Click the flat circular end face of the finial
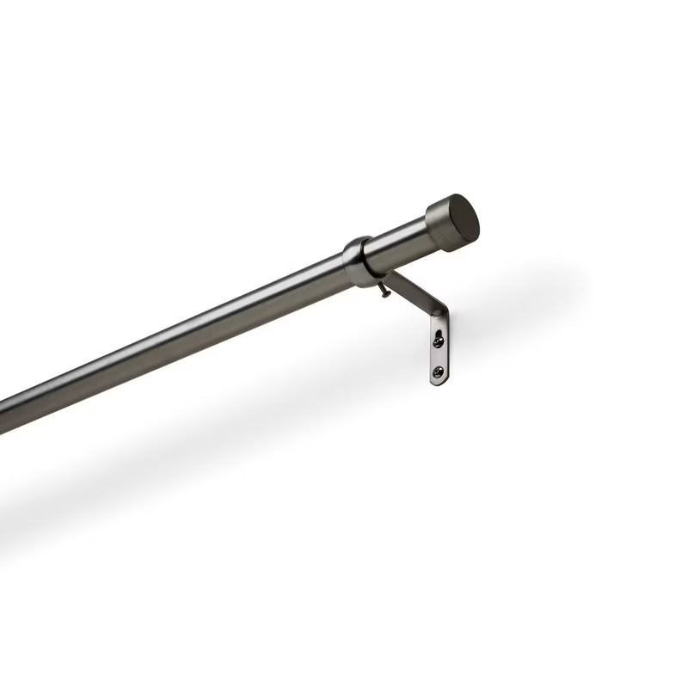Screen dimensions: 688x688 tap(465, 217)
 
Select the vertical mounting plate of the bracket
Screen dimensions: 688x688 tap(439, 353)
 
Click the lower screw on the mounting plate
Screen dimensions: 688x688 tap(439, 372)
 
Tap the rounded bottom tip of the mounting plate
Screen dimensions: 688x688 tap(438, 384)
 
